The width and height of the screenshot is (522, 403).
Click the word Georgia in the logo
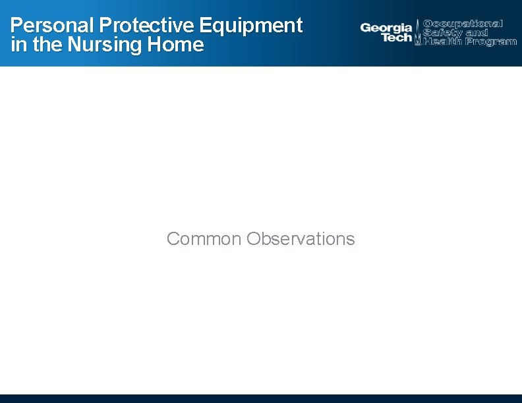[386, 28]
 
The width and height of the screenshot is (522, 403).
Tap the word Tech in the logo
[397, 38]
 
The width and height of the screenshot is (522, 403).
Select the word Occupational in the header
[463, 24]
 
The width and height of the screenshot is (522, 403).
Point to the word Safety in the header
[443, 32]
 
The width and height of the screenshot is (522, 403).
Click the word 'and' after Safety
[476, 32]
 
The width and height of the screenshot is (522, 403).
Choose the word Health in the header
[443, 41]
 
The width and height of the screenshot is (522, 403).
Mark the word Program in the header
[490, 41]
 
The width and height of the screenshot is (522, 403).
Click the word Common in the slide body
[204, 238]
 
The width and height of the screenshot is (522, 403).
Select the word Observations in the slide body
[301, 238]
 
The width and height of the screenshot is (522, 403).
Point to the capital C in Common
[173, 238]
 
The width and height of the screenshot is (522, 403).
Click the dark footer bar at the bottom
[261, 398]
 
